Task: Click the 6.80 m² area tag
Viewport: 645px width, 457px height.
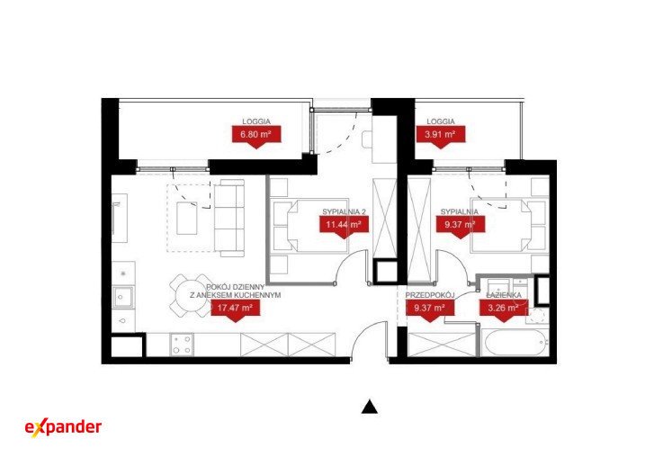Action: coord(256,135)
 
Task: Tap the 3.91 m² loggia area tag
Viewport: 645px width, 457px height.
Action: coord(441,135)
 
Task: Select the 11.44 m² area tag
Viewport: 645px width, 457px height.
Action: coord(344,225)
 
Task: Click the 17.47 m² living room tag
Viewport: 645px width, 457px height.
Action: coord(235,308)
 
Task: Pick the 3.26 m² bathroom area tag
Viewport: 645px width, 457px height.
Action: coord(503,308)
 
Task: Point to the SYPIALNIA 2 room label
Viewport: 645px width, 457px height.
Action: coord(344,211)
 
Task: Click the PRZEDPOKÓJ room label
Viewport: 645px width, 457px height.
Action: coord(429,295)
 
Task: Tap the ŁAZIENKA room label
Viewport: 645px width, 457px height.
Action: coord(504,295)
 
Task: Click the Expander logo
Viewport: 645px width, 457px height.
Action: coord(63,427)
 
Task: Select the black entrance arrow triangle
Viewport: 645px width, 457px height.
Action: coord(370,407)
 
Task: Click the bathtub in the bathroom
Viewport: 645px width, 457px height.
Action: coord(515,342)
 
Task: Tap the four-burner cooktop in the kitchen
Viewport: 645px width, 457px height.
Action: coord(182,345)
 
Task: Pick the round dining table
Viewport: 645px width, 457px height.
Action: coord(190,295)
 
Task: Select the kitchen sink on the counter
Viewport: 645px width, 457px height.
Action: coord(123,297)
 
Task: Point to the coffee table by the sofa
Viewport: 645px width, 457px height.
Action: coord(187,218)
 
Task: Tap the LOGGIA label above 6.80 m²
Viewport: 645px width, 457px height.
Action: coord(256,121)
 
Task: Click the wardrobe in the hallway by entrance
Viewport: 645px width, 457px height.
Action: coord(443,345)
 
